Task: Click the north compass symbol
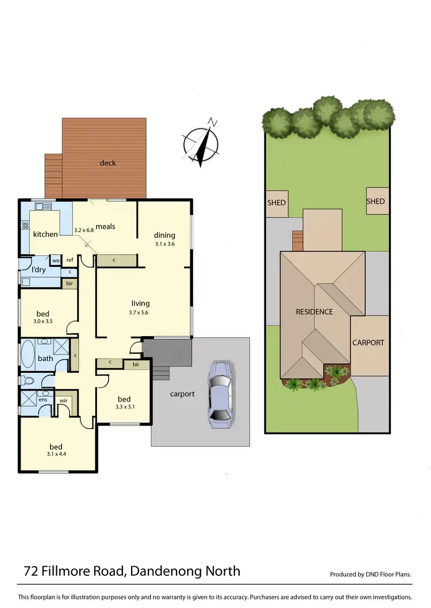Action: tap(201, 142)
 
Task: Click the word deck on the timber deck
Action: tap(107, 163)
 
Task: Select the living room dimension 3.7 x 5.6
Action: tap(140, 313)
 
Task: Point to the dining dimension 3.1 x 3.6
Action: tap(164, 244)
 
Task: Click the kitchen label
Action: tap(45, 234)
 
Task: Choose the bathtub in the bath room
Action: tap(28, 354)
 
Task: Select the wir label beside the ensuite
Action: tap(63, 400)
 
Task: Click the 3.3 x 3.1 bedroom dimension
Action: tap(124, 408)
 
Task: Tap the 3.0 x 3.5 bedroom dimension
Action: tap(43, 322)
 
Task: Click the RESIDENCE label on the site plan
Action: tap(314, 312)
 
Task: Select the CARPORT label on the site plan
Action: tap(368, 342)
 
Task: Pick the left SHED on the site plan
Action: tap(276, 202)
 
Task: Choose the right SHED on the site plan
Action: tap(375, 201)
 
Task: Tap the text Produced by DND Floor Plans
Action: tap(371, 574)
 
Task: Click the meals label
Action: tap(105, 227)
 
